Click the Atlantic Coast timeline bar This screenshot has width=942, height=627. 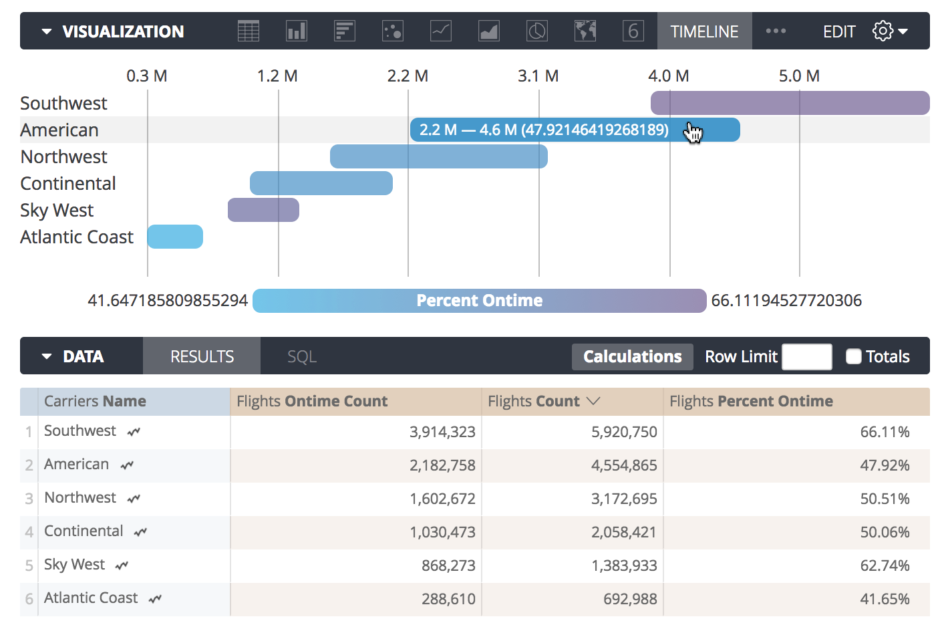click(x=175, y=237)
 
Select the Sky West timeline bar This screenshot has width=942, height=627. click(x=263, y=210)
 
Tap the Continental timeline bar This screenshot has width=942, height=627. click(x=321, y=183)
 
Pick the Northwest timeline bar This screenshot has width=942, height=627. click(x=438, y=156)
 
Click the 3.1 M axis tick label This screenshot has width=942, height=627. click(x=538, y=76)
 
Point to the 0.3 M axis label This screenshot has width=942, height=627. click(x=147, y=76)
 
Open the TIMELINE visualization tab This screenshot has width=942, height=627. click(x=704, y=31)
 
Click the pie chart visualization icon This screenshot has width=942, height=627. click(x=537, y=31)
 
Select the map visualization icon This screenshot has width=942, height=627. click(x=585, y=31)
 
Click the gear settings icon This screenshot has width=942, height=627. click(x=883, y=31)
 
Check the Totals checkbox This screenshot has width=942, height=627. click(x=853, y=356)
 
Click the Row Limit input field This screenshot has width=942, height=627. click(x=806, y=356)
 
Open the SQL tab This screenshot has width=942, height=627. click(x=302, y=356)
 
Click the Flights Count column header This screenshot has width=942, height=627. click(x=534, y=401)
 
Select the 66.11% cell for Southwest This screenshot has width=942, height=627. click(x=885, y=432)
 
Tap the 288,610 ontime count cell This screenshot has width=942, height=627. click(x=448, y=599)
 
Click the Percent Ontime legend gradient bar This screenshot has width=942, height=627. click(x=479, y=301)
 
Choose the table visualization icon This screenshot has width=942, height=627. click(x=249, y=31)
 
